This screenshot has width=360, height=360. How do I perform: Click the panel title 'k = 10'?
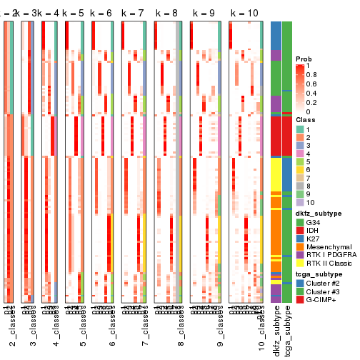(x=244, y=14)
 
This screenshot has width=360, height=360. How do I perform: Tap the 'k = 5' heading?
(x=75, y=14)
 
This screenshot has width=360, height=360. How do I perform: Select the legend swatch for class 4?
(x=301, y=154)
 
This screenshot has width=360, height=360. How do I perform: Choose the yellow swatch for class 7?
(x=301, y=179)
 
